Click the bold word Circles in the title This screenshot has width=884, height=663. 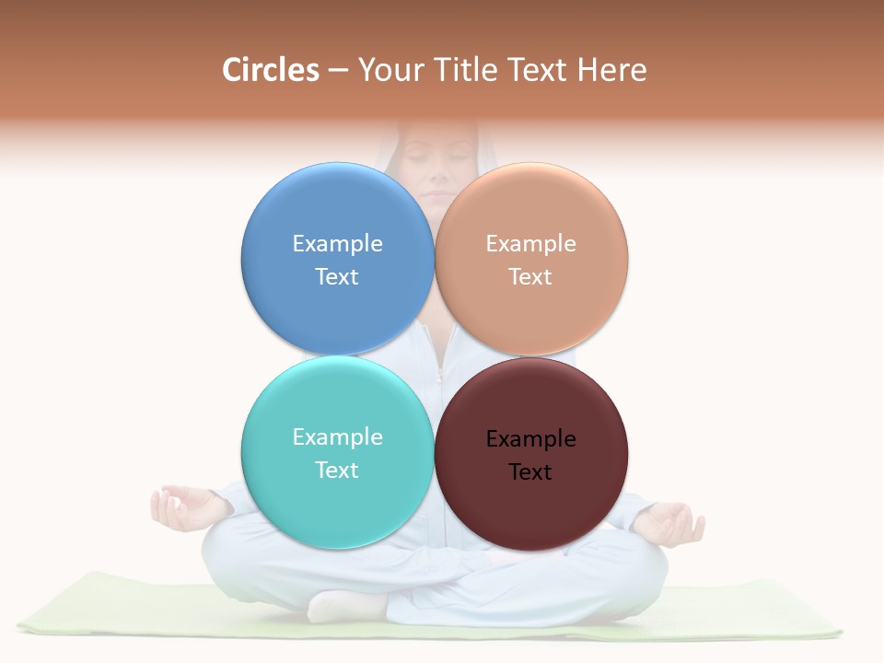271,70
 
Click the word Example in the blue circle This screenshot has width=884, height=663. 337,243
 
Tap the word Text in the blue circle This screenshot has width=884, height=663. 337,276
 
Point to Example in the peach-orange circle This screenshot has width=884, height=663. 531,243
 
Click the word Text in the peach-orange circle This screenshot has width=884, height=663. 530,276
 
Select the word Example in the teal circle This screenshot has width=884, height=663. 337,436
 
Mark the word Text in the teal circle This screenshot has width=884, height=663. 337,470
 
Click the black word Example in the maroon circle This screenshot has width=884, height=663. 531,438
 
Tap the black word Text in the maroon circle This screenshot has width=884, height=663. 530,471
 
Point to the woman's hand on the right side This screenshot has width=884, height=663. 672,522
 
